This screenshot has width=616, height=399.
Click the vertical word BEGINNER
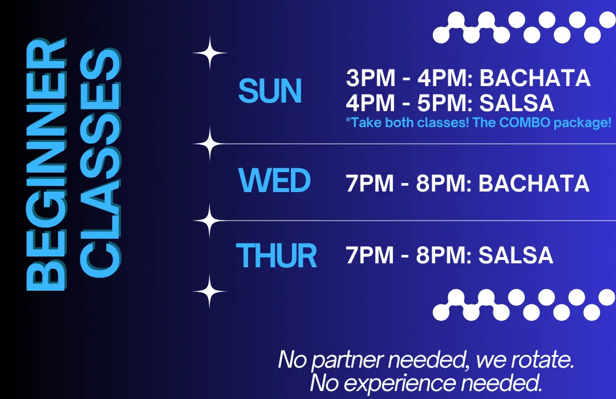tap(46, 164)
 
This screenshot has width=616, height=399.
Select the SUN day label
tap(270, 91)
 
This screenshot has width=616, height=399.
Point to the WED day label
tap(274, 181)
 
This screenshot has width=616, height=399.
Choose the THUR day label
tap(277, 256)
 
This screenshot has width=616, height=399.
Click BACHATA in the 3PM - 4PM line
tap(534, 78)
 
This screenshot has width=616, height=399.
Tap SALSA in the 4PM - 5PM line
tap(517, 103)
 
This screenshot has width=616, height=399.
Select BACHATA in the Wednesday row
tap(534, 183)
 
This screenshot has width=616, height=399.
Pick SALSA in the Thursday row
tap(516, 255)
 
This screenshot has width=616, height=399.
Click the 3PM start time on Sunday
tap(371, 78)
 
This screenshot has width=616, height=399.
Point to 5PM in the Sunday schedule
tap(441, 103)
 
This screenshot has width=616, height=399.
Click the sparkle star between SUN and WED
tap(210, 144)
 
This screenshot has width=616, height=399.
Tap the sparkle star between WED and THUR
tap(210, 221)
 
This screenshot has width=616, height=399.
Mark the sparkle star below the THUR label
tap(209, 292)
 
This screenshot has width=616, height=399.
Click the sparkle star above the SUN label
tap(210, 53)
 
